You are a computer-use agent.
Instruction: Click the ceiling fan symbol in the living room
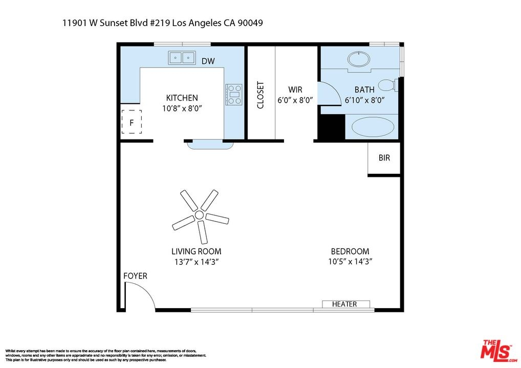pyautogui.click(x=200, y=215)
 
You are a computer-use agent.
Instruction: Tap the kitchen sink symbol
pyautogui.click(x=182, y=58)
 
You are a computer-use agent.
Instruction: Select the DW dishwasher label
pyautogui.click(x=208, y=61)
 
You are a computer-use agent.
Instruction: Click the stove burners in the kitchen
pyautogui.click(x=234, y=95)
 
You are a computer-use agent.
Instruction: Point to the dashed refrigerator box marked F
pyautogui.click(x=132, y=122)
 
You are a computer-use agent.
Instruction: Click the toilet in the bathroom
pyautogui.click(x=388, y=85)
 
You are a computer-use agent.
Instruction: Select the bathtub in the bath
pyautogui.click(x=373, y=127)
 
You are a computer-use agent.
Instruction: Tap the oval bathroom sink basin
pyautogui.click(x=359, y=60)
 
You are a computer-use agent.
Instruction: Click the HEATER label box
pyautogui.click(x=346, y=304)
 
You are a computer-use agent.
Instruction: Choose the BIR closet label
pyautogui.click(x=384, y=158)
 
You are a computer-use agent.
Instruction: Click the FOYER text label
pyautogui.click(x=135, y=276)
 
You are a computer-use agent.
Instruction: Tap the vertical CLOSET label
pyautogui.click(x=260, y=95)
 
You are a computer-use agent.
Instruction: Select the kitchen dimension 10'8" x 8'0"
pyautogui.click(x=182, y=108)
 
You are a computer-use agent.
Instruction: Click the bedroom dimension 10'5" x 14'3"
pyautogui.click(x=350, y=262)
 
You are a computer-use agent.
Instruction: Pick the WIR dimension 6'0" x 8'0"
pyautogui.click(x=295, y=100)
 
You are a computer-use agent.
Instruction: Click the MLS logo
pyautogui.click(x=498, y=351)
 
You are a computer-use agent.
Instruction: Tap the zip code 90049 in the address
pyautogui.click(x=250, y=23)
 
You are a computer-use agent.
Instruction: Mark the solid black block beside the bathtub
pyautogui.click(x=332, y=127)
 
